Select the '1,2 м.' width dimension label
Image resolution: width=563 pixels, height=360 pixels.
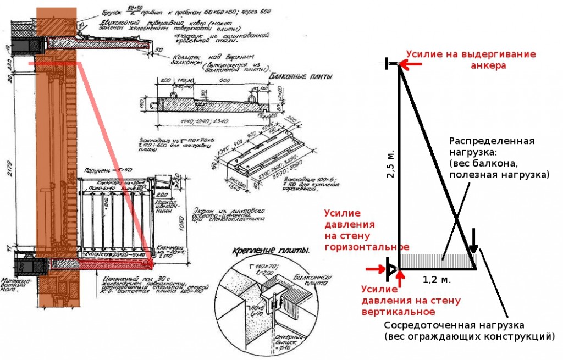pos(437,279)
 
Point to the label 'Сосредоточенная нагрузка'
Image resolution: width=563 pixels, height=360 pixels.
pos(454,325)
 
